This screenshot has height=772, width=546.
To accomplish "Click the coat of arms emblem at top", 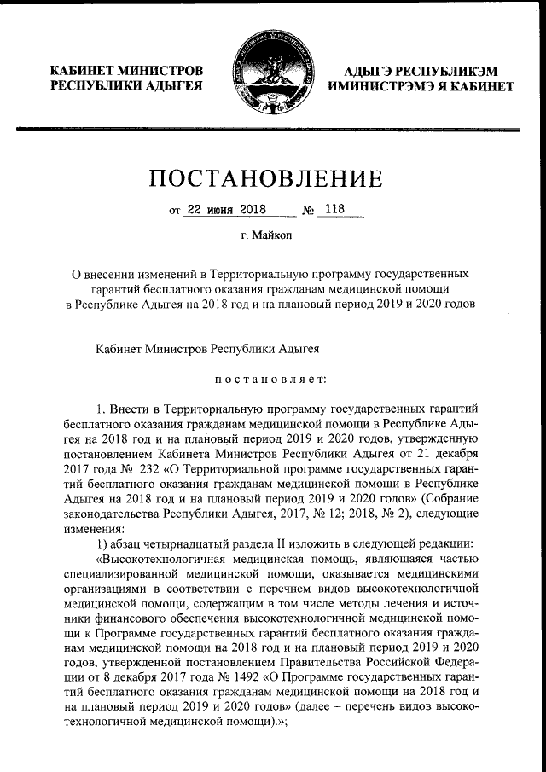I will point(273,76).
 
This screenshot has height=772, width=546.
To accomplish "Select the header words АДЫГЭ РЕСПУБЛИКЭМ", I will point(422,70).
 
